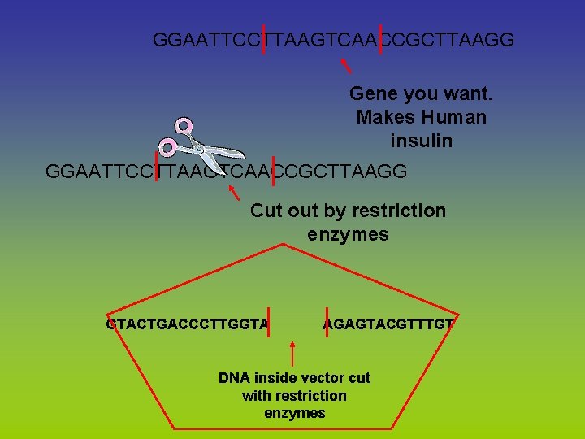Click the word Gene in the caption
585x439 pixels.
pos(373,93)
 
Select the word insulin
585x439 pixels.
pos(421,141)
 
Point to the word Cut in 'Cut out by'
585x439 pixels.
pos(266,211)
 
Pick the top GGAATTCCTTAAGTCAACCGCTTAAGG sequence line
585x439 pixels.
pos(333,40)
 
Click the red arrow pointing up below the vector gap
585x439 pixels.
pos(292,354)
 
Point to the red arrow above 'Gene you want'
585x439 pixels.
pos(345,64)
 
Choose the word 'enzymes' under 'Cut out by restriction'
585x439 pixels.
pos(348,235)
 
